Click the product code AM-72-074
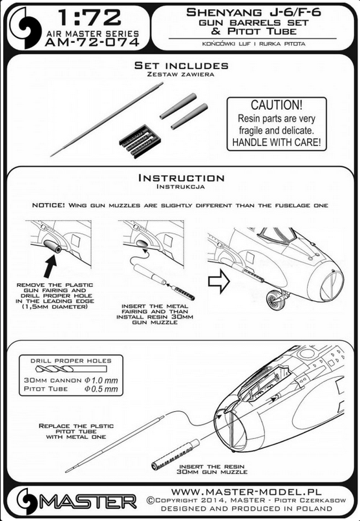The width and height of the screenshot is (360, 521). (x=92, y=42)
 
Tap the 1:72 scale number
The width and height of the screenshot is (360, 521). (x=89, y=18)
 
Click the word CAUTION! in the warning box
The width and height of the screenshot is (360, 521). (x=277, y=105)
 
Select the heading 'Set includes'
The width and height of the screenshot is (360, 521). (x=182, y=65)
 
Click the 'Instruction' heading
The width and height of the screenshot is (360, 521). (x=182, y=178)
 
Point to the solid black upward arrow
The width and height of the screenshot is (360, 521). (x=50, y=266)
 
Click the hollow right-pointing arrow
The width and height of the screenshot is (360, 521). (x=219, y=281)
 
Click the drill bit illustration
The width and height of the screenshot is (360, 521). (x=70, y=369)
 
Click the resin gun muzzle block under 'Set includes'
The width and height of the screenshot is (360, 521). (x=140, y=140)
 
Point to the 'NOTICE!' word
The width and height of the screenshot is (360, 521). (x=48, y=206)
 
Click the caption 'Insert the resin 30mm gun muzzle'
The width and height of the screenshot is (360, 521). (x=212, y=469)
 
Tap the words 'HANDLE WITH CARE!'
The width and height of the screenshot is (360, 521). (x=277, y=142)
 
